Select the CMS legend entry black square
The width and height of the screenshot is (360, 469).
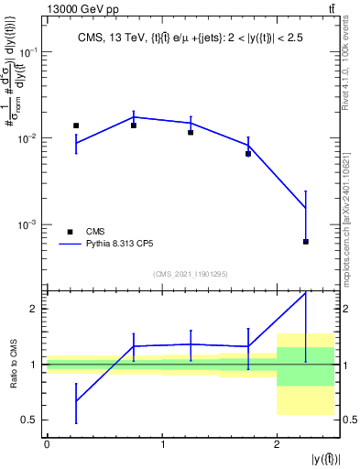70,232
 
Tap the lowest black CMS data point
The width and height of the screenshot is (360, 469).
306,242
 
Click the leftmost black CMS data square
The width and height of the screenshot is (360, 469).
76,125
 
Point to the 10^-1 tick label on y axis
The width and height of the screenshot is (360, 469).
29,52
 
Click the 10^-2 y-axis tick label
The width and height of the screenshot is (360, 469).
29,138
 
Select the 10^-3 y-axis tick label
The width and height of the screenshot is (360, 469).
29,224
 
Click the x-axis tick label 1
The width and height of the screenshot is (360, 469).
162,444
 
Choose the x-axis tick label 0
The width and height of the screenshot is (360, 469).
47,444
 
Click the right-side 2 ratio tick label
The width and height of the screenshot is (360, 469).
349,309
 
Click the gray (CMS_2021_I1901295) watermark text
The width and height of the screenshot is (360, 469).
191,274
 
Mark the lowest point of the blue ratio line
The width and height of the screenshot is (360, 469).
76,401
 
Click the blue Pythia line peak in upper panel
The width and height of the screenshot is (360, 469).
134,116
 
